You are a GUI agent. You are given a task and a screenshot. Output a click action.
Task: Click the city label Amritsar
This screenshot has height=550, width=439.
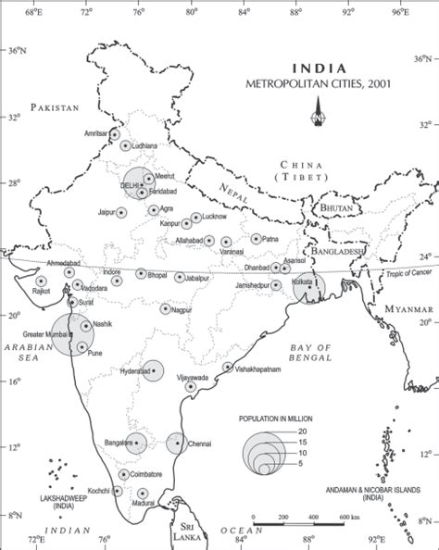[95, 133]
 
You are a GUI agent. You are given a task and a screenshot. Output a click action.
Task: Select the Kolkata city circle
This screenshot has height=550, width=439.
[308, 288]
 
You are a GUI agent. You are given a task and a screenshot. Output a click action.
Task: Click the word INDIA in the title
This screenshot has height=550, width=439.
[320, 68]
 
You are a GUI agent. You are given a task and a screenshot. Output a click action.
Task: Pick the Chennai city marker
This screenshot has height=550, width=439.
[177, 443]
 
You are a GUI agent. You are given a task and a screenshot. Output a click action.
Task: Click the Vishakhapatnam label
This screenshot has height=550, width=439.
[257, 369]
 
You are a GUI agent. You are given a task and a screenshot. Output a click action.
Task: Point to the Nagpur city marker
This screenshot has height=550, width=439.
[166, 309]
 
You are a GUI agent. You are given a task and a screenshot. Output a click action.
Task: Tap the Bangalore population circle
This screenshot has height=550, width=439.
[135, 444]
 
